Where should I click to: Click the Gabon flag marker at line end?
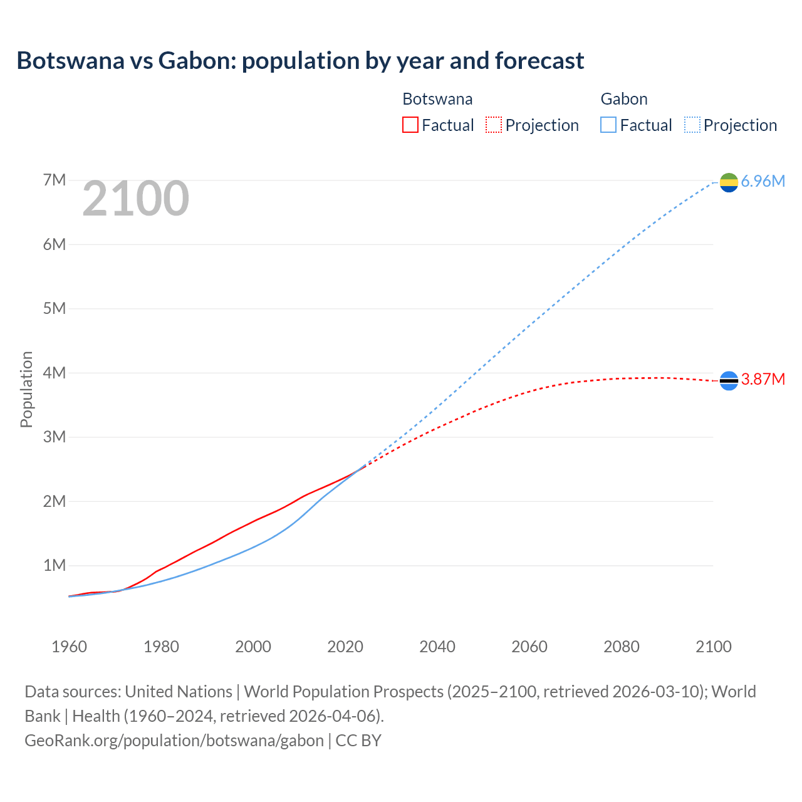pyautogui.click(x=729, y=182)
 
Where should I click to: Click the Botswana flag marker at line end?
pyautogui.click(x=729, y=380)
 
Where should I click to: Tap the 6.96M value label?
pyautogui.click(x=763, y=182)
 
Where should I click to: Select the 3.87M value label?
pyautogui.click(x=763, y=380)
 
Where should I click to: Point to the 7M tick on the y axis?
pyautogui.click(x=55, y=180)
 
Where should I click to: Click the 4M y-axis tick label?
pyautogui.click(x=55, y=373)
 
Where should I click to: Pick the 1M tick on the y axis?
pyautogui.click(x=55, y=566)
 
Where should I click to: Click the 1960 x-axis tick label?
pyautogui.click(x=69, y=647)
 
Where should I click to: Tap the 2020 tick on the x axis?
pyautogui.click(x=345, y=647)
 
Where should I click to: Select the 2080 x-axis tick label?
pyautogui.click(x=622, y=647)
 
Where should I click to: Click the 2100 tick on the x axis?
pyautogui.click(x=713, y=647)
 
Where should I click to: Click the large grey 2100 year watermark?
pyautogui.click(x=135, y=199)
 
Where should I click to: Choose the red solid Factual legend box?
pyautogui.click(x=410, y=125)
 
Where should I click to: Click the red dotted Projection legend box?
pyautogui.click(x=494, y=125)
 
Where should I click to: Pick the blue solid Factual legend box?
pyautogui.click(x=608, y=125)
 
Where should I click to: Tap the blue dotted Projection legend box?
pyautogui.click(x=692, y=125)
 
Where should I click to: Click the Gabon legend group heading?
pyautogui.click(x=624, y=99)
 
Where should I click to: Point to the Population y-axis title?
pyautogui.click(x=26, y=389)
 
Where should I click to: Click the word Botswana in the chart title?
pyautogui.click(x=70, y=61)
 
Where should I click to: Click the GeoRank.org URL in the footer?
pyautogui.click(x=174, y=741)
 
